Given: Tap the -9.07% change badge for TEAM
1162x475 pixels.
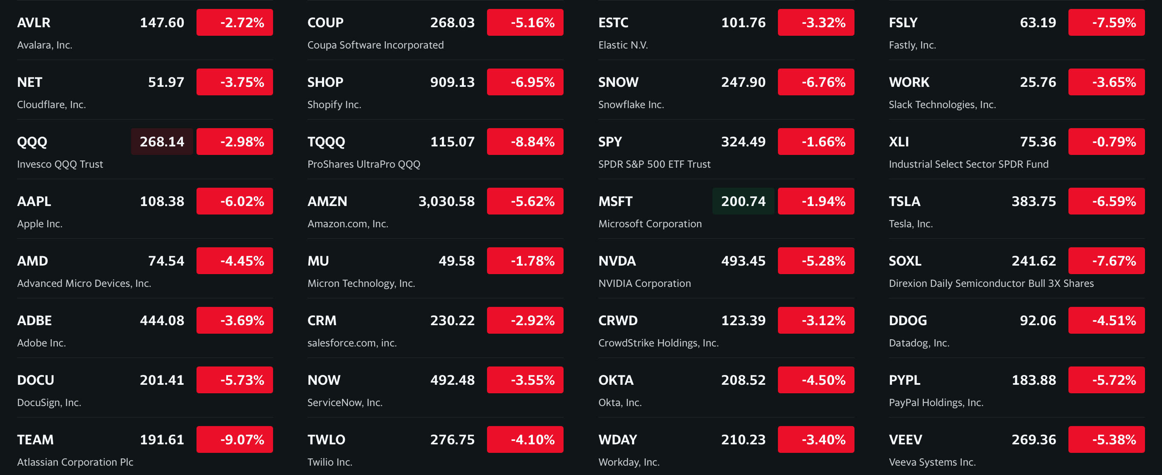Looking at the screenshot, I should (x=234, y=439).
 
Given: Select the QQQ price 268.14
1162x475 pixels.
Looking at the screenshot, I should (x=162, y=142).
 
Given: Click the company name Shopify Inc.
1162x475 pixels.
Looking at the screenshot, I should (x=334, y=105).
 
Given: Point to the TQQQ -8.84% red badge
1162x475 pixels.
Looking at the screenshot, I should (x=525, y=142).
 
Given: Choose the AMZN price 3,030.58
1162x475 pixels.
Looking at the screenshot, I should (x=446, y=201).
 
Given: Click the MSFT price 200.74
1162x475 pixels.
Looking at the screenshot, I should (x=743, y=201).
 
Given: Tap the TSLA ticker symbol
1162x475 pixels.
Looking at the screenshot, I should (x=904, y=201).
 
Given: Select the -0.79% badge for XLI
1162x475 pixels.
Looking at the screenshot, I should (x=1106, y=142).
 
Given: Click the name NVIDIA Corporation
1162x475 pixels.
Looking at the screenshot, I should (x=644, y=283).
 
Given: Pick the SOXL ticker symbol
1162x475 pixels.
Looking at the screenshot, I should (x=904, y=261).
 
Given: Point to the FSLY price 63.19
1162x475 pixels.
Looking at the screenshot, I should (x=1037, y=23).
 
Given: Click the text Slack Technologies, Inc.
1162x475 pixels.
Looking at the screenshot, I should (x=942, y=105).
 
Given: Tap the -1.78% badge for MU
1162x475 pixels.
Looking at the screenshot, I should (x=525, y=261).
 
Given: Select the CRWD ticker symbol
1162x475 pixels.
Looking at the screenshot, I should (x=618, y=320).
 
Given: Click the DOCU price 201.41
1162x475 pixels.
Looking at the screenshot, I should (x=162, y=380).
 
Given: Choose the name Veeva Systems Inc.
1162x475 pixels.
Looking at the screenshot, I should (x=932, y=462).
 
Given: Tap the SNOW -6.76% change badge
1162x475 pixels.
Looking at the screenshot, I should (x=815, y=82).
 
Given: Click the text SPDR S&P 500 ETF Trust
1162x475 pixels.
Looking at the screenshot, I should (x=654, y=164).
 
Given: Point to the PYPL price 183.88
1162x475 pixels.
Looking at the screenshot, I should (x=1034, y=380).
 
